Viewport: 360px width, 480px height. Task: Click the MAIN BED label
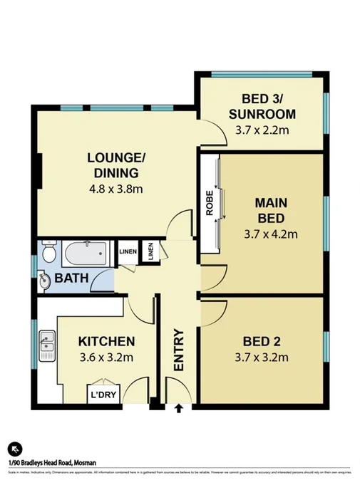click(x=271, y=209)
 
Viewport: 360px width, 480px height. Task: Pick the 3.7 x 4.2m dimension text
click(x=271, y=233)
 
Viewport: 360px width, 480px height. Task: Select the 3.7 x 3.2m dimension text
click(x=262, y=357)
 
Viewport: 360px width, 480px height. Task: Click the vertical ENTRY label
click(x=179, y=350)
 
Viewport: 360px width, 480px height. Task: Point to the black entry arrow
click(x=178, y=409)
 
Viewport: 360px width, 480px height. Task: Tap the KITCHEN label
click(x=106, y=340)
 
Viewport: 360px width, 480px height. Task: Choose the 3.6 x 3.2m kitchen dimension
click(x=106, y=357)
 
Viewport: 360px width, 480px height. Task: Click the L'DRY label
click(x=104, y=394)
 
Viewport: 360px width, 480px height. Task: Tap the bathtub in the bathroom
click(x=84, y=251)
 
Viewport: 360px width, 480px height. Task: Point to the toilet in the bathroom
click(x=48, y=253)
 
